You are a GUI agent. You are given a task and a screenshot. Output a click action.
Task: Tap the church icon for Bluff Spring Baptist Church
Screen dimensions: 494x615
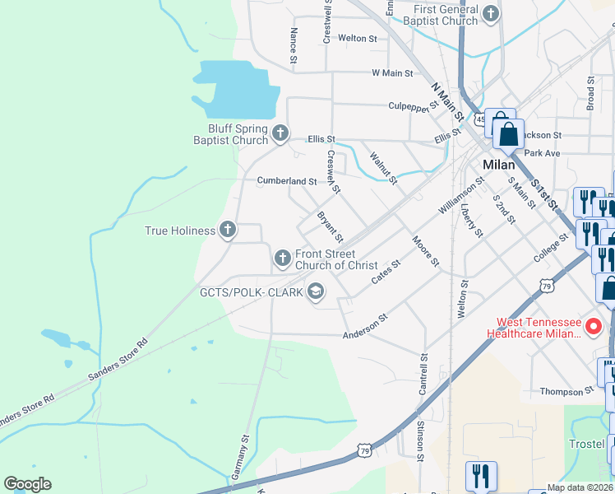pos(280,133)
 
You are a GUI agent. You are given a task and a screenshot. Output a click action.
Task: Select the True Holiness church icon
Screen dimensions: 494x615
pos(228,231)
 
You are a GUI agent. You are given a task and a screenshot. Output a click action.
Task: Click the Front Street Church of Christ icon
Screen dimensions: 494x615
pos(283,259)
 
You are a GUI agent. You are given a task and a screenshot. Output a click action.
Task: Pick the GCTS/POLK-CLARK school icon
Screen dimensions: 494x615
pos(315,291)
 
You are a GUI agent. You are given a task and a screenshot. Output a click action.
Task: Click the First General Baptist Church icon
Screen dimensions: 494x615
pos(491,13)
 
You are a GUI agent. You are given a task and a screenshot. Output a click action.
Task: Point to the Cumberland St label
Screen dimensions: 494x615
pos(287,181)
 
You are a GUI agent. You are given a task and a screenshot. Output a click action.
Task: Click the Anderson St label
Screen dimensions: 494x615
pos(365,326)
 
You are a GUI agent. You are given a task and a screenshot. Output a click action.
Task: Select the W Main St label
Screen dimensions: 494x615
pos(392,73)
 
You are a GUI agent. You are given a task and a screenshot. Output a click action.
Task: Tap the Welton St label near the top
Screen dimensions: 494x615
pos(357,39)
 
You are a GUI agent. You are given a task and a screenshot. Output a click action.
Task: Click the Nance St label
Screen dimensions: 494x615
pos(293,45)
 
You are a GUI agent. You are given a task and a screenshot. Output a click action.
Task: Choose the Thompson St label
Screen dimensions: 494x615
pos(566,391)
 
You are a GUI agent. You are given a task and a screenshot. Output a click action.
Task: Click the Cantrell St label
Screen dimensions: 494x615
pos(423,375)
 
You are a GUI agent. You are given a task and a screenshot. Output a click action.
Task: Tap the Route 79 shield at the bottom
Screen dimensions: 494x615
pos(363,449)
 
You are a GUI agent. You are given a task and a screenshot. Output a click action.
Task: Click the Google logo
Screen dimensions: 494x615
pos(27,484)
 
